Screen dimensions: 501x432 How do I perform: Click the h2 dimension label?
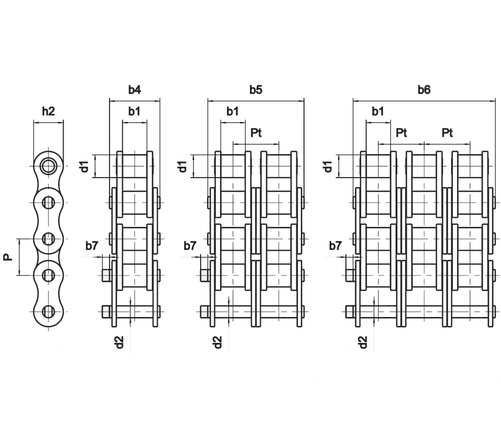48,111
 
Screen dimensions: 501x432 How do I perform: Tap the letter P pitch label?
8,257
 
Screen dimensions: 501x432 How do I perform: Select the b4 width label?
135,90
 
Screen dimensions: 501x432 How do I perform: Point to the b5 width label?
256,90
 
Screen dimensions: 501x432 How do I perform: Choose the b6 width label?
424,90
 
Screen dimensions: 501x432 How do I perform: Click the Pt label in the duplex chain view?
256,133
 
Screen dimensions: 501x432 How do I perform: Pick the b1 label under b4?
135,111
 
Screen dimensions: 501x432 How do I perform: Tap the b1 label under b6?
378,111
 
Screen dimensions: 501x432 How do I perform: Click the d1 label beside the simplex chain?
84,166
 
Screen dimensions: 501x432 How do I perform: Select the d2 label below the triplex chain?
363,342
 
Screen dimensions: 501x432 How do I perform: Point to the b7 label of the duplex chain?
190,246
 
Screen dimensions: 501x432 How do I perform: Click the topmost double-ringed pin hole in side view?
48,166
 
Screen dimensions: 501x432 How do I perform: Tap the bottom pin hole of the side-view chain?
48,312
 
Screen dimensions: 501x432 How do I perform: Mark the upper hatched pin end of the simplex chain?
106,275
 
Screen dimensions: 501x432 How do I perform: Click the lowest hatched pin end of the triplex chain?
350,312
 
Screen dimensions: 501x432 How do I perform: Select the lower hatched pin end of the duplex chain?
205,312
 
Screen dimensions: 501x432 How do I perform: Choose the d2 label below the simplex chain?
119,342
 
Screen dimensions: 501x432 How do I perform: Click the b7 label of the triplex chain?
336,246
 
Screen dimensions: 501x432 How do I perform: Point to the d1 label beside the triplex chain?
328,166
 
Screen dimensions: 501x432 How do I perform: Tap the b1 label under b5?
232,111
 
